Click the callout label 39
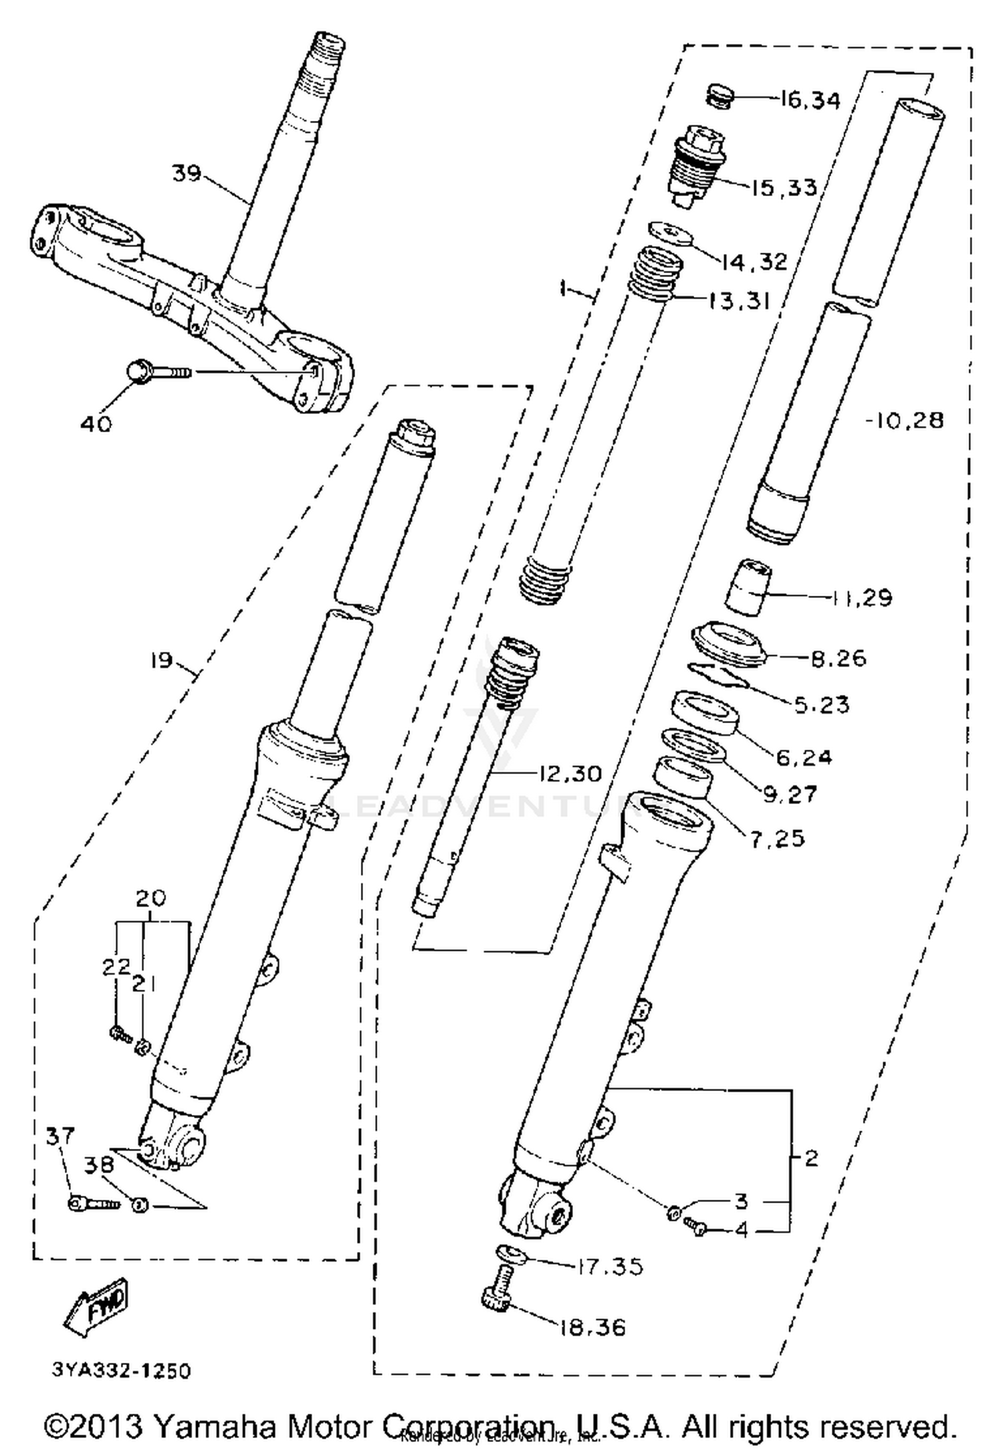coord(187,173)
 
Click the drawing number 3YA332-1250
coord(121,1370)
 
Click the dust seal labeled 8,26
coord(730,644)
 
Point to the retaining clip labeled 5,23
coord(720,675)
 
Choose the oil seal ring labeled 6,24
coord(705,714)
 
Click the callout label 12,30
coord(570,773)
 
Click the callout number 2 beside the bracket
coord(811,1157)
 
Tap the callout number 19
coord(161,661)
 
